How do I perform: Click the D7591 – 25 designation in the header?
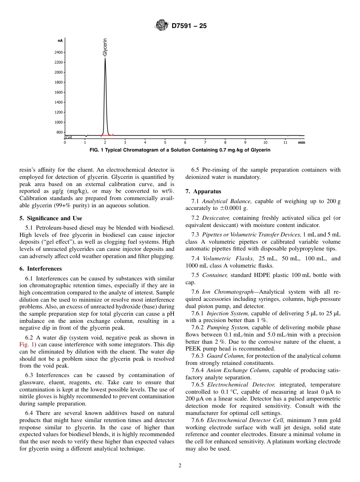(189, 27)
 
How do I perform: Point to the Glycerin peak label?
(105, 47)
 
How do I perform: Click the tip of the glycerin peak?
(105, 59)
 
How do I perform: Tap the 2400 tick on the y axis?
(59, 52)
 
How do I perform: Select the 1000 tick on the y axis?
(59, 122)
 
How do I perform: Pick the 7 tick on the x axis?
(205, 142)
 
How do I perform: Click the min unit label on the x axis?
(301, 142)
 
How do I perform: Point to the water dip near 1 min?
(87, 136)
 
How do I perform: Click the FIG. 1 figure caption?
(180, 150)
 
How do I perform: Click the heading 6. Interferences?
(41, 269)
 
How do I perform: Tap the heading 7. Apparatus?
(203, 191)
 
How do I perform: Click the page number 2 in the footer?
(180, 466)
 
